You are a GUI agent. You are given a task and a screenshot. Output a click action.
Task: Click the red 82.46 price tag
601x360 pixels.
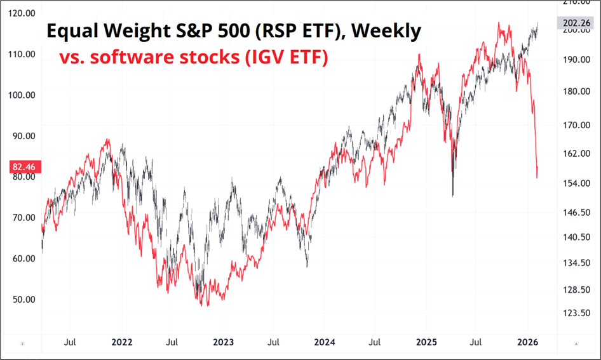23,168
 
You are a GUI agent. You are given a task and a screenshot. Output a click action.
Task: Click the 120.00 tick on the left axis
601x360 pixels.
23,13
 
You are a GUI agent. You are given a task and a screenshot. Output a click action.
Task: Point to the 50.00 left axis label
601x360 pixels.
23,299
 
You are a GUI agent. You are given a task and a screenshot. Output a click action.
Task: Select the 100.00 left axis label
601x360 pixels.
23,95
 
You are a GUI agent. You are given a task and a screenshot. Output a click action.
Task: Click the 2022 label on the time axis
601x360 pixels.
121,342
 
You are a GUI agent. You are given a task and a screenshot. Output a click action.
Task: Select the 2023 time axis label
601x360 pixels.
223,342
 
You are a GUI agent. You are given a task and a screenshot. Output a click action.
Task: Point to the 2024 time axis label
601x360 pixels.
325,342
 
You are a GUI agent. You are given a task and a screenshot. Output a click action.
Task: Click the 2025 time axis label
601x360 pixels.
426,342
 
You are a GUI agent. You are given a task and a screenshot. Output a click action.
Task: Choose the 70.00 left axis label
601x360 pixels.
23,218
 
